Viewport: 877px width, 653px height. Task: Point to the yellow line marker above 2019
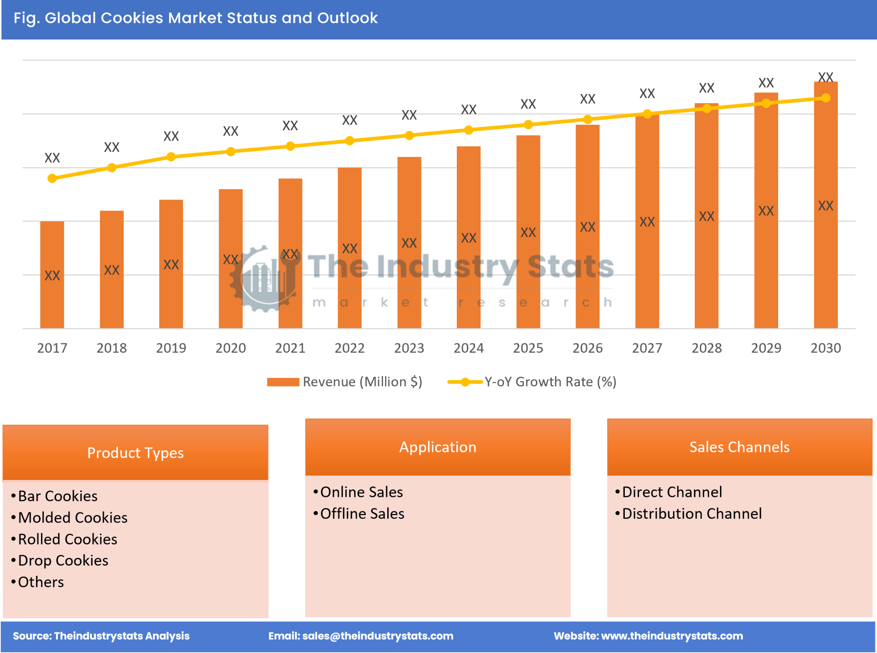(171, 157)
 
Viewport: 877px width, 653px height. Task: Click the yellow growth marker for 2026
(587, 119)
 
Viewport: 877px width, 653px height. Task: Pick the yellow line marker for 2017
(52, 178)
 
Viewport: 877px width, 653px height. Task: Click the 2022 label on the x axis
(349, 348)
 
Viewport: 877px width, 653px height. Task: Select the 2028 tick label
(707, 348)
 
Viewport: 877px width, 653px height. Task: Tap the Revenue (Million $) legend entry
(345, 382)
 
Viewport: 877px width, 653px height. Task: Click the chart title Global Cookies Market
(196, 18)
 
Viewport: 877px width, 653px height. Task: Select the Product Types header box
(135, 453)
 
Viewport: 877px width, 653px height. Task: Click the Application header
(438, 447)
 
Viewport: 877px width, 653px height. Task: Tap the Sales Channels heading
(739, 447)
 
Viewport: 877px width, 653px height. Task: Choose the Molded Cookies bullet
(72, 518)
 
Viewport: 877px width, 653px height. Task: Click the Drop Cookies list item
(63, 561)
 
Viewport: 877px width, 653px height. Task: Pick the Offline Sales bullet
(362, 514)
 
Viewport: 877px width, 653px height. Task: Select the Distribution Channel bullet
(692, 514)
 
